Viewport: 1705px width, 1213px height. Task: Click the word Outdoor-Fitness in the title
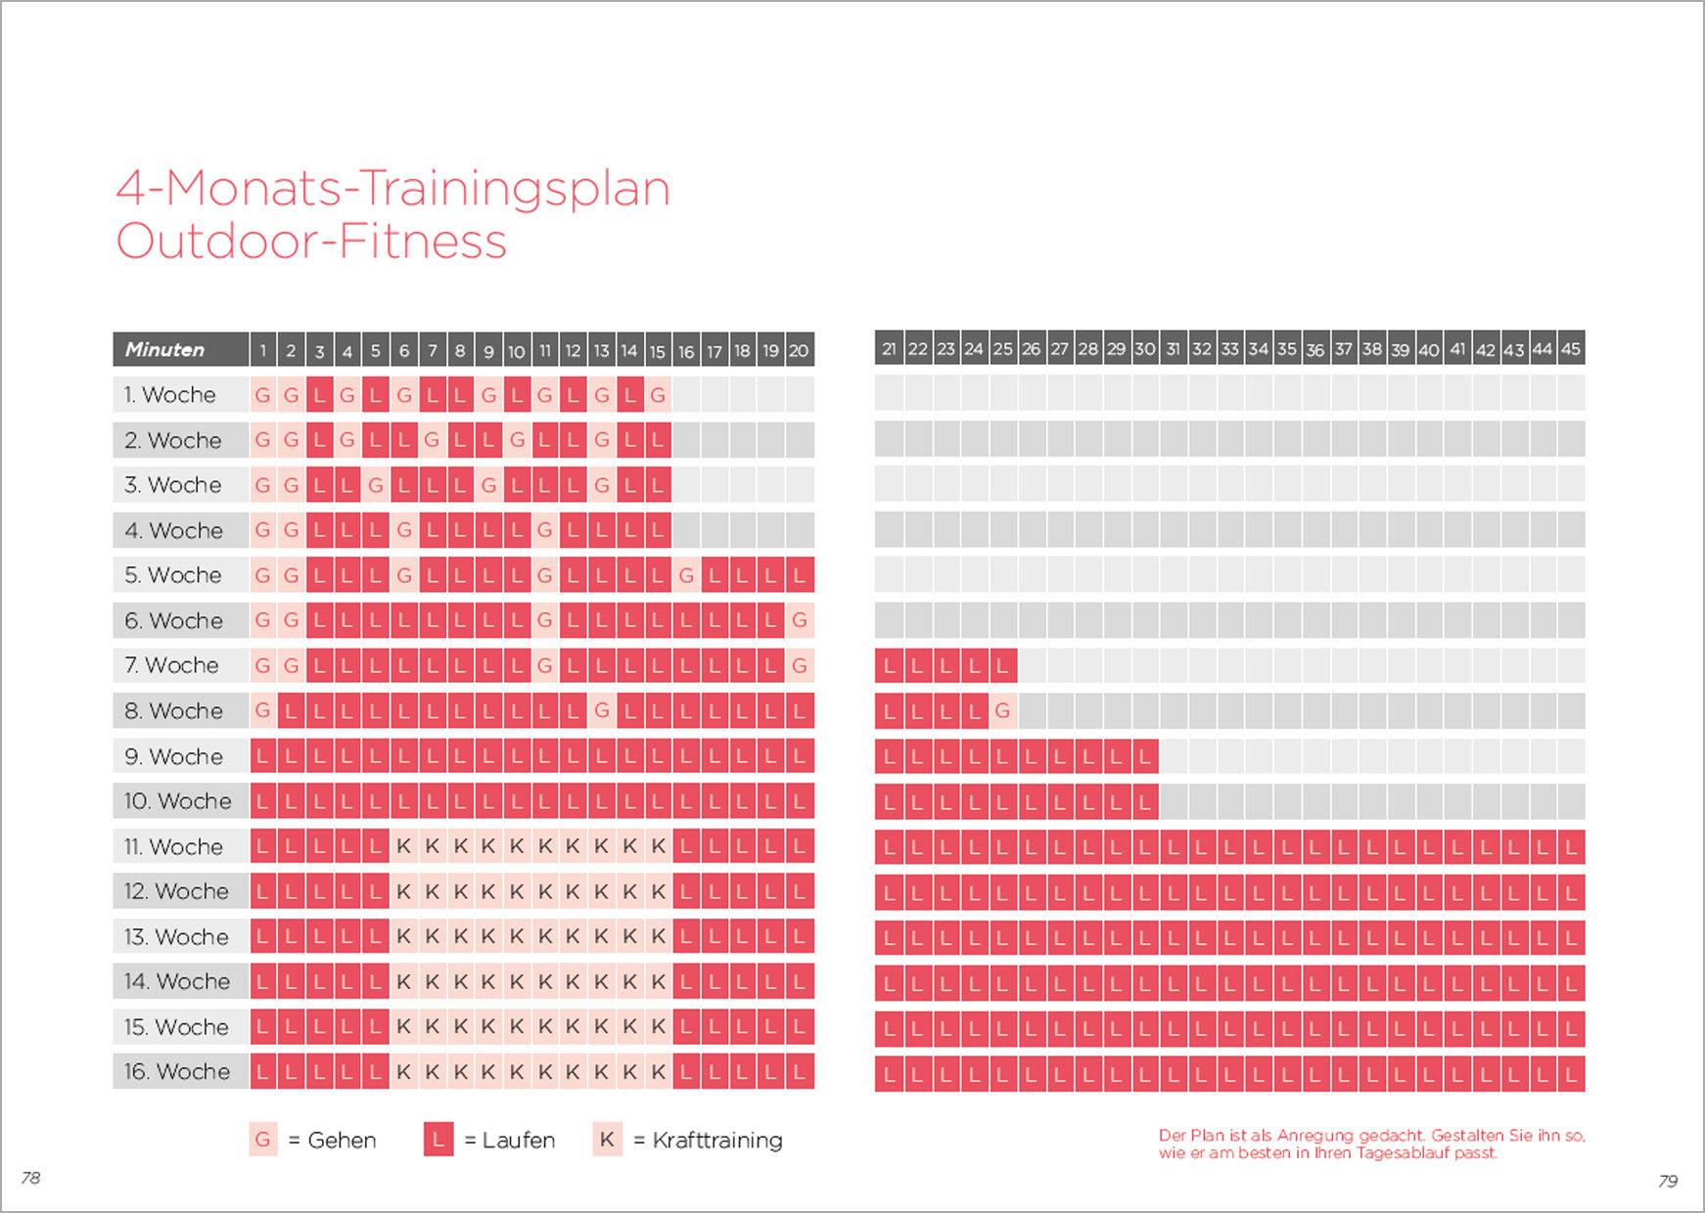pyautogui.click(x=311, y=241)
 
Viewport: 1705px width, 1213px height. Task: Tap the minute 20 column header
pyautogui.click(x=799, y=350)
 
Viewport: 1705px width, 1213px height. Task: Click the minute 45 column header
pyautogui.click(x=1571, y=349)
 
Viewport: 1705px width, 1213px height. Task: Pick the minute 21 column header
pyautogui.click(x=889, y=349)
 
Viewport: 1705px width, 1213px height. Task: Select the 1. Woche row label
pyautogui.click(x=169, y=395)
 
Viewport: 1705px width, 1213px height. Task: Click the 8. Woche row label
pyautogui.click(x=173, y=711)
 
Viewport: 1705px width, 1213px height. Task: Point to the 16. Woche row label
pyautogui.click(x=176, y=1072)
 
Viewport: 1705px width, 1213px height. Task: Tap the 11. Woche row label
pyautogui.click(x=173, y=847)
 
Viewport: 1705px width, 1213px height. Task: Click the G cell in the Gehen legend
pyautogui.click(x=262, y=1140)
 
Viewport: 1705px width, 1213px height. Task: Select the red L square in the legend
pyautogui.click(x=438, y=1140)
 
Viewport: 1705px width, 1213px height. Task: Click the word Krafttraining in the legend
pyautogui.click(x=717, y=1141)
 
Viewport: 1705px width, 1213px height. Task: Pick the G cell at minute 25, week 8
pyautogui.click(x=1001, y=711)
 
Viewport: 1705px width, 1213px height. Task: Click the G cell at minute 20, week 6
pyautogui.click(x=799, y=620)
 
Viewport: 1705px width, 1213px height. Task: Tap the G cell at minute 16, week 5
pyautogui.click(x=685, y=575)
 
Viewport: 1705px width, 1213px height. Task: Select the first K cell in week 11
pyautogui.click(x=403, y=847)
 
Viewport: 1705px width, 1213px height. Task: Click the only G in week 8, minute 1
pyautogui.click(x=262, y=711)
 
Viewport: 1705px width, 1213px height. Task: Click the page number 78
pyautogui.click(x=30, y=1178)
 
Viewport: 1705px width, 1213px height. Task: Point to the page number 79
pyautogui.click(x=1668, y=1182)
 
